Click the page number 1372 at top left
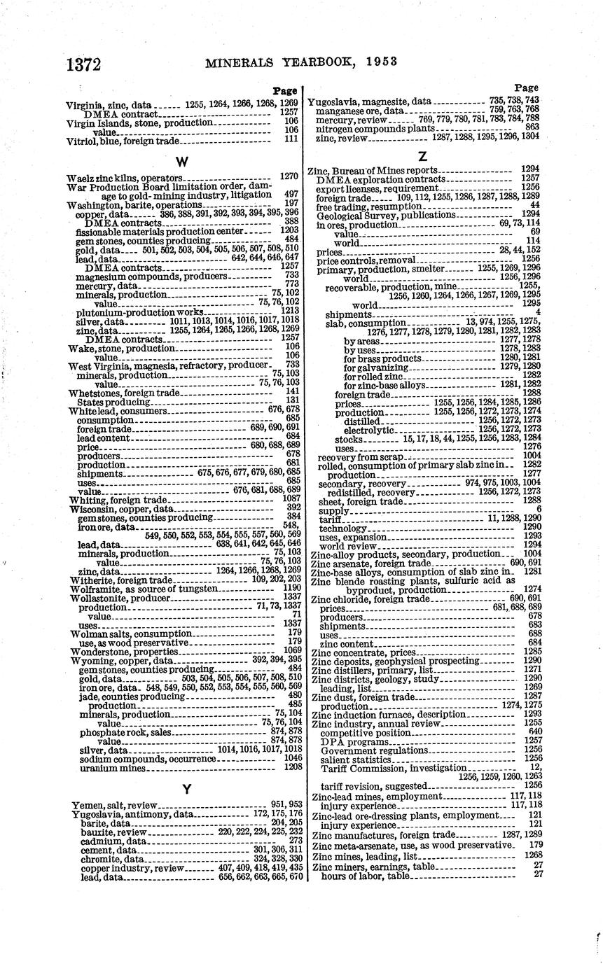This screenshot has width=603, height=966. point(83,64)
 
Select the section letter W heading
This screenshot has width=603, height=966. point(181,162)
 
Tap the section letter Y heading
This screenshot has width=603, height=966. point(186,789)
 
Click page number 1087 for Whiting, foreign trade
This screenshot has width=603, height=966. point(291,498)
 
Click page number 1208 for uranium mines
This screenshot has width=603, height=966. point(291,768)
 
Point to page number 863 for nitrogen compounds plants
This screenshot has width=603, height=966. point(532,128)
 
